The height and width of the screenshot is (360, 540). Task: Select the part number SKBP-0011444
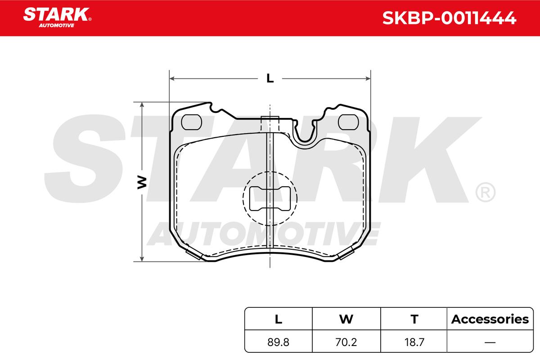[449, 18]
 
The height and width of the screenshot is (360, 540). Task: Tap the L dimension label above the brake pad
[270, 78]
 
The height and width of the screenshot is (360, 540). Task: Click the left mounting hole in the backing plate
[191, 121]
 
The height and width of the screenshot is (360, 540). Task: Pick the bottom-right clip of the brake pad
[345, 254]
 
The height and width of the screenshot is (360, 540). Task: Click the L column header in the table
[279, 319]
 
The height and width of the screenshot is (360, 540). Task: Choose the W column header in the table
[346, 319]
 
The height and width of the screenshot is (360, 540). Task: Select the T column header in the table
[414, 319]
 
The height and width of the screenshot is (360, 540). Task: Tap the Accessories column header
[490, 319]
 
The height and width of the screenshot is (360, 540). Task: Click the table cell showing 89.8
[279, 342]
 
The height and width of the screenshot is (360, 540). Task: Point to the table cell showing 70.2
[346, 342]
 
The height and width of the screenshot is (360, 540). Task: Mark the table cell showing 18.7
[414, 342]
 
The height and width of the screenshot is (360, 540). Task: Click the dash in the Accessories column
[490, 342]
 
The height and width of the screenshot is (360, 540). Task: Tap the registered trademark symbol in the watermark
[485, 193]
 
